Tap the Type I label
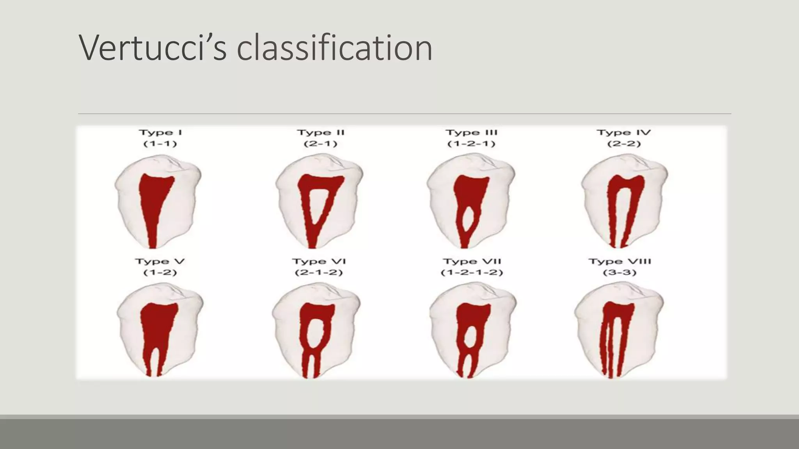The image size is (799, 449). pos(160,133)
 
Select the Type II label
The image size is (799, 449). pos(321,133)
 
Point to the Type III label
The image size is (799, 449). pos(471,133)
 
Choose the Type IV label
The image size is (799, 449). pos(624,133)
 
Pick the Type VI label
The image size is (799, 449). pos(319,262)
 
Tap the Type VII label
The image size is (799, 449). pos(472,262)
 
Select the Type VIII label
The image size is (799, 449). pos(620,262)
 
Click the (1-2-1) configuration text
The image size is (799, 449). pos(471,144)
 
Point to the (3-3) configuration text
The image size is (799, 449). pos(620,272)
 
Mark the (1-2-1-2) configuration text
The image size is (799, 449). pos(472,272)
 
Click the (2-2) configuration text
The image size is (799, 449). pos(624,144)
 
